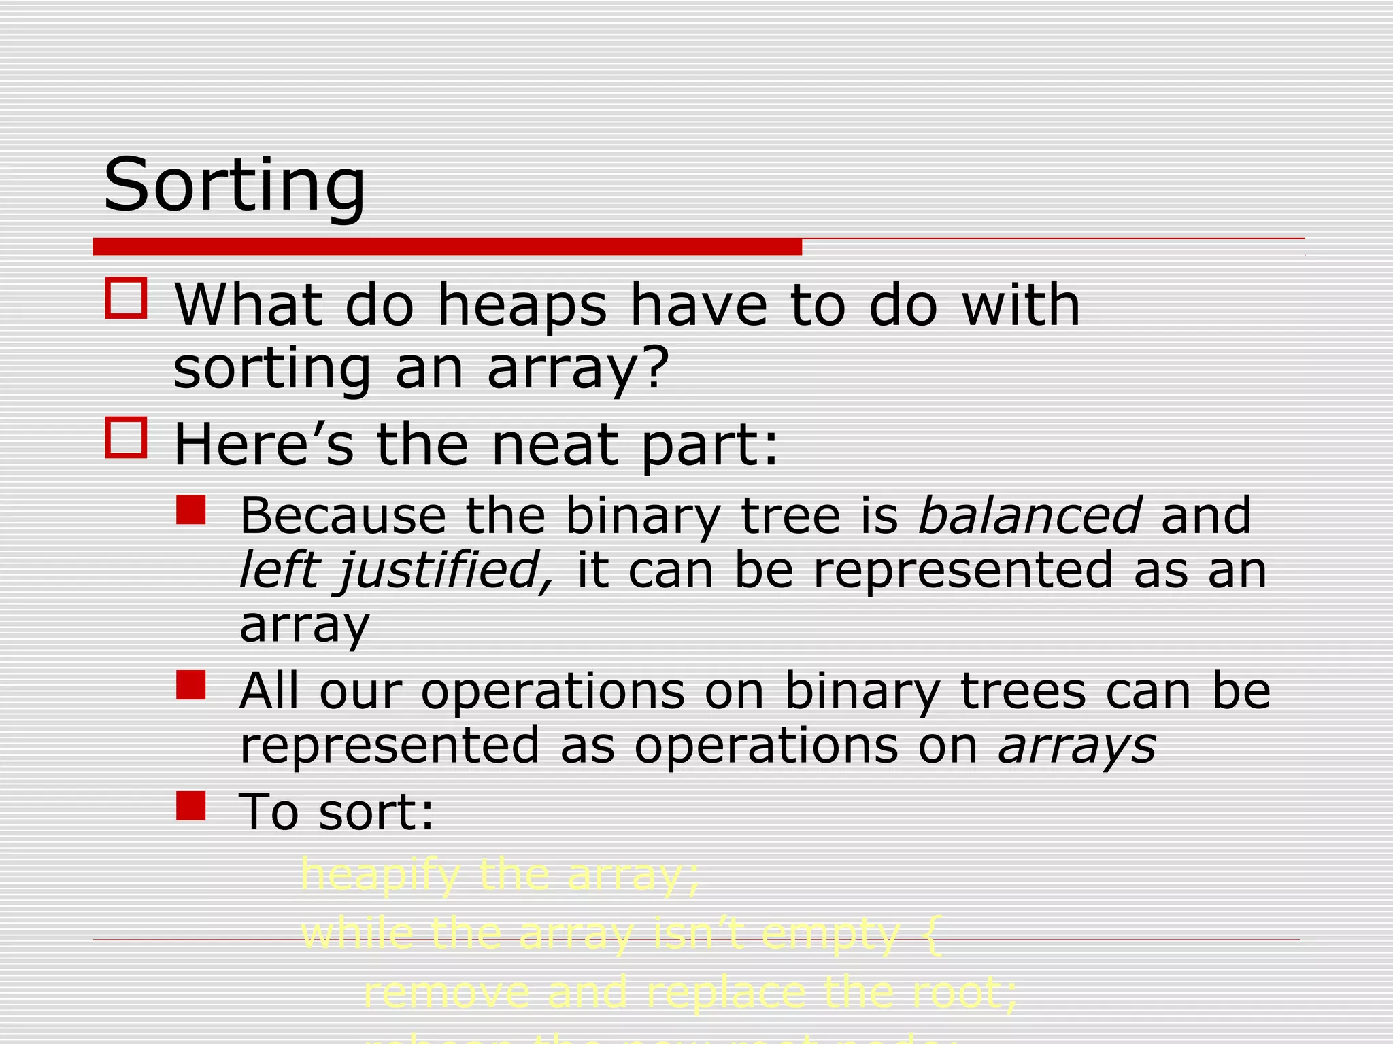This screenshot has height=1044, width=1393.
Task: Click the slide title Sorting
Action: (235, 185)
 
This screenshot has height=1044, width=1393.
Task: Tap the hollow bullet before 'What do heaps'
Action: (126, 298)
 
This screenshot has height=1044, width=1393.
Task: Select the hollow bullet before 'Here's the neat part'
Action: (126, 437)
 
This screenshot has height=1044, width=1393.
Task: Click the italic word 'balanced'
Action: (1029, 515)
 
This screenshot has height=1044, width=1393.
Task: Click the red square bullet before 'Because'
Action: (190, 510)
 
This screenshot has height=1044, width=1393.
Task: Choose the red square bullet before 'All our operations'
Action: (190, 685)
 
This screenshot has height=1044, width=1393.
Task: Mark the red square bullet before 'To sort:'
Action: (190, 805)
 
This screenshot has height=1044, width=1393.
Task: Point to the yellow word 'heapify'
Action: (380, 875)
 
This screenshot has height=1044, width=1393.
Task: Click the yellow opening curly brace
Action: (933, 935)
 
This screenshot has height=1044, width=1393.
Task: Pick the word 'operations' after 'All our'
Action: (552, 692)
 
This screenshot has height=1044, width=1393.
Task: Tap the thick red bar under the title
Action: (447, 247)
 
